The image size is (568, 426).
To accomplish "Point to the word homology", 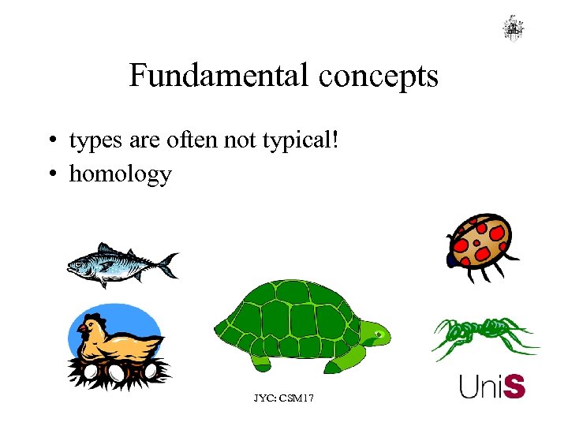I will pyautogui.click(x=120, y=174).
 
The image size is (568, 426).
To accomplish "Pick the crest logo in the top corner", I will pyautogui.click(x=514, y=28).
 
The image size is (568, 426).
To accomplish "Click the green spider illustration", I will pyautogui.click(x=483, y=335).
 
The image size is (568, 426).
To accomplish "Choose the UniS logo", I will pyautogui.click(x=492, y=387).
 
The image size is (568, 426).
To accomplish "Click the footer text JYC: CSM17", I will pyautogui.click(x=283, y=399).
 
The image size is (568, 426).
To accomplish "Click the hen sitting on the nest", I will pyautogui.click(x=118, y=339).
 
